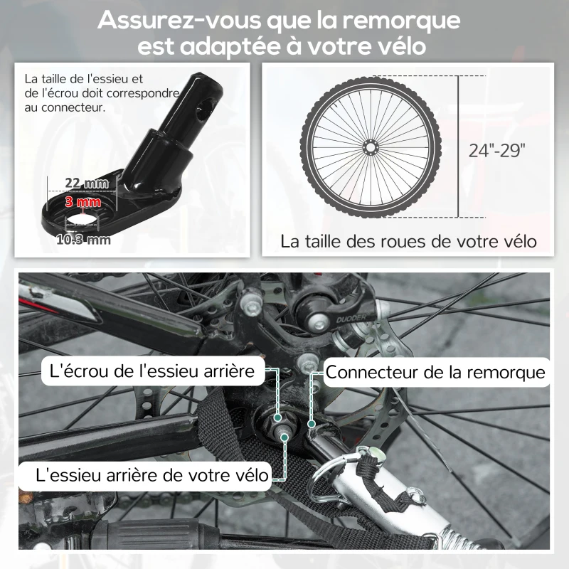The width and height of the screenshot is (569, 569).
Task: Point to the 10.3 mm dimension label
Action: click(84, 240)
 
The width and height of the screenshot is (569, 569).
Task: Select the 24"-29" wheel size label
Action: click(496, 150)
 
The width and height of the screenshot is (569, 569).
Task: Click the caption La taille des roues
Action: click(408, 240)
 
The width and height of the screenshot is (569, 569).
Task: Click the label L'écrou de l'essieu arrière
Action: click(151, 371)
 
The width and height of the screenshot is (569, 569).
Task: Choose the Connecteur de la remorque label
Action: click(435, 372)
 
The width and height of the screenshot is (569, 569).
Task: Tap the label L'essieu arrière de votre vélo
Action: click(144, 474)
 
